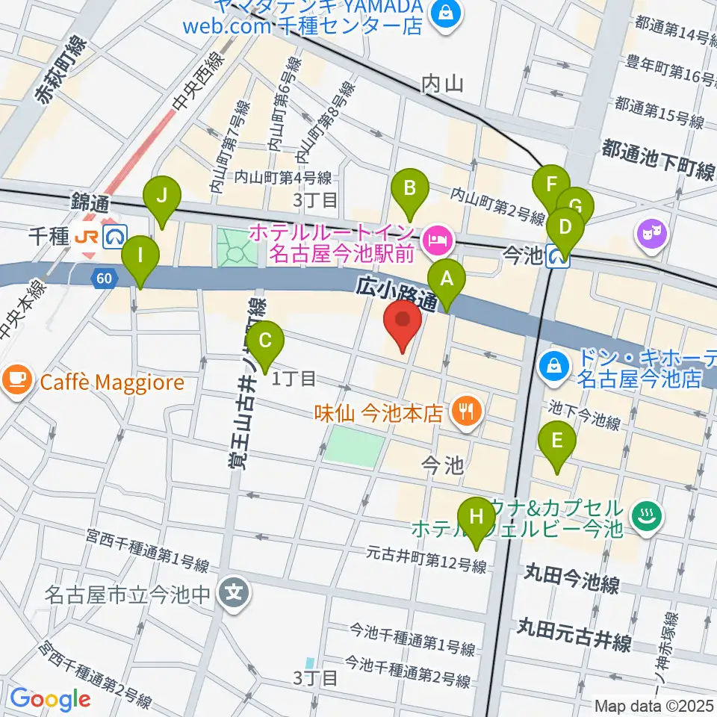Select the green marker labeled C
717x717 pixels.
coord(265,342)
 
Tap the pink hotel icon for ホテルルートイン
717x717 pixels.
coord(434,240)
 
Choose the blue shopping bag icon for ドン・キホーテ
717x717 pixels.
coord(554,366)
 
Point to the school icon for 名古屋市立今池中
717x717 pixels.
coord(235,595)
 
